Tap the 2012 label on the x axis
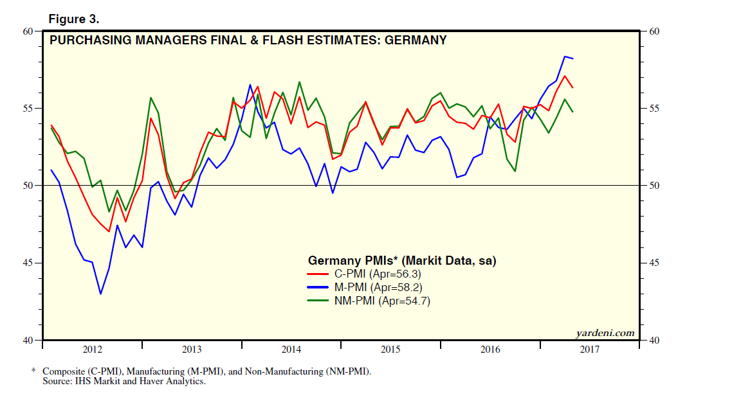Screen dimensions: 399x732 (93, 350)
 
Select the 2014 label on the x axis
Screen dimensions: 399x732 (291, 350)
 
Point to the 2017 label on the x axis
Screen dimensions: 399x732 (589, 350)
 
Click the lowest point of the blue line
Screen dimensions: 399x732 (100, 294)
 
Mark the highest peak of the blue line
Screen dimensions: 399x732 (565, 57)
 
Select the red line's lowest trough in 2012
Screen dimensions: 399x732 (109, 231)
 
